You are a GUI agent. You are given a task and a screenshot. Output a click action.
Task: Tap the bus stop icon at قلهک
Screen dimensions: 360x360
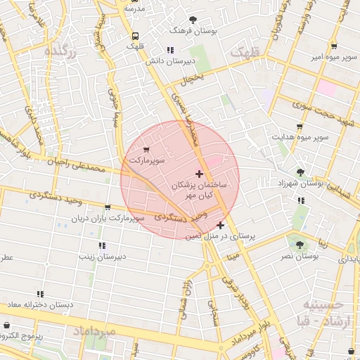135,35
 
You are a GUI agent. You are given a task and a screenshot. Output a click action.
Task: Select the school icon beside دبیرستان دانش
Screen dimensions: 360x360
169,50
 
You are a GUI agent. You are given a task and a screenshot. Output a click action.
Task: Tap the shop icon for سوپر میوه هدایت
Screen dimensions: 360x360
300,127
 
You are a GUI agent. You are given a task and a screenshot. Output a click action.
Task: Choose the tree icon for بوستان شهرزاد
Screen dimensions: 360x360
301,172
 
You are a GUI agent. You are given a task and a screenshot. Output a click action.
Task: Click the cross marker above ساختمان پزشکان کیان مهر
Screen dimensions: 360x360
199,173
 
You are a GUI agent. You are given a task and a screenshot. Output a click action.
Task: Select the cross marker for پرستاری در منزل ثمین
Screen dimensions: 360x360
221,225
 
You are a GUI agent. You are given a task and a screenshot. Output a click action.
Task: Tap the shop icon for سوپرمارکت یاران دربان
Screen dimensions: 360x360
107,207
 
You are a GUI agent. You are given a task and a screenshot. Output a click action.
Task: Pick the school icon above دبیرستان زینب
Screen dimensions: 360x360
102,245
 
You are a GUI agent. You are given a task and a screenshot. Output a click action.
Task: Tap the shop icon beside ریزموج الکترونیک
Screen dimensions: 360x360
7,326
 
